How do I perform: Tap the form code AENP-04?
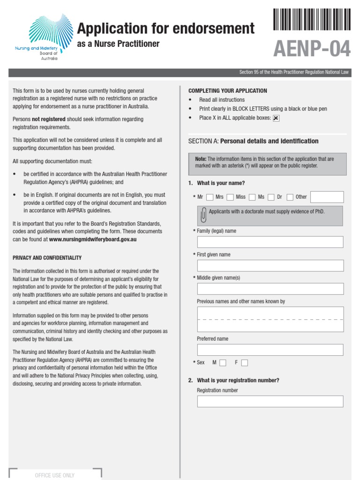pyautogui.click(x=312, y=48)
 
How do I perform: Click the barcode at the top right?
pyautogui.click(x=312, y=19)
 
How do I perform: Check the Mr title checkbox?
pyautogui.click(x=210, y=197)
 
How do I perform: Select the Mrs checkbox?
pyautogui.click(x=230, y=197)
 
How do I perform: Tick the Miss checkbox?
pyautogui.click(x=252, y=197)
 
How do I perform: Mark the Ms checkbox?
pyautogui.click(x=271, y=197)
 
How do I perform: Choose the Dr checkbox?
pyautogui.click(x=290, y=197)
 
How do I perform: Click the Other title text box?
pyautogui.click(x=327, y=197)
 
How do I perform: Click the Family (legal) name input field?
pyautogui.click(x=270, y=242)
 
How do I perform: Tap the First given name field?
pyautogui.click(x=270, y=265)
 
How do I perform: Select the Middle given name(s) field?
pyautogui.click(x=270, y=289)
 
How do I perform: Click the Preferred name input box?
pyautogui.click(x=270, y=350)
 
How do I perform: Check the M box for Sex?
pyautogui.click(x=223, y=363)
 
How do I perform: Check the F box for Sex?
pyautogui.click(x=244, y=363)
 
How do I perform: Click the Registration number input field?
pyautogui.click(x=270, y=401)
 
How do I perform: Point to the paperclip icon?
pyautogui.click(x=203, y=215)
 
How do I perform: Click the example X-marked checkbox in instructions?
pyautogui.click(x=276, y=118)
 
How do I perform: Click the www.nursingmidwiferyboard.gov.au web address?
pyautogui.click(x=93, y=239)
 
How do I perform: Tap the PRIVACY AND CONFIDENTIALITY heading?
pyautogui.click(x=47, y=258)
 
